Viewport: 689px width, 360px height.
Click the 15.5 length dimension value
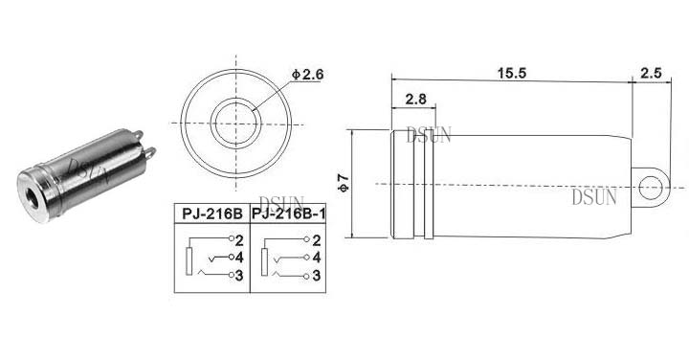[x=511, y=73]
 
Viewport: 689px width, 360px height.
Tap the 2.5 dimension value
[x=651, y=73]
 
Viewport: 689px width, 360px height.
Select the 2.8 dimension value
[x=415, y=99]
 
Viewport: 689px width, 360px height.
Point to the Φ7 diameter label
[x=344, y=183]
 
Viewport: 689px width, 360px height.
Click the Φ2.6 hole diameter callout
[x=307, y=75]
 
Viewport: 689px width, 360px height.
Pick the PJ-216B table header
[x=212, y=214]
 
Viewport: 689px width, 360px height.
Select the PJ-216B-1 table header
[x=288, y=214]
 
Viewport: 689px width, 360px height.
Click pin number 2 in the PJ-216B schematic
[x=239, y=240]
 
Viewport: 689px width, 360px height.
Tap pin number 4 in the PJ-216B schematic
[x=239, y=258]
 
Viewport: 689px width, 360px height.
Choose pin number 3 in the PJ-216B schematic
[x=239, y=276]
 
